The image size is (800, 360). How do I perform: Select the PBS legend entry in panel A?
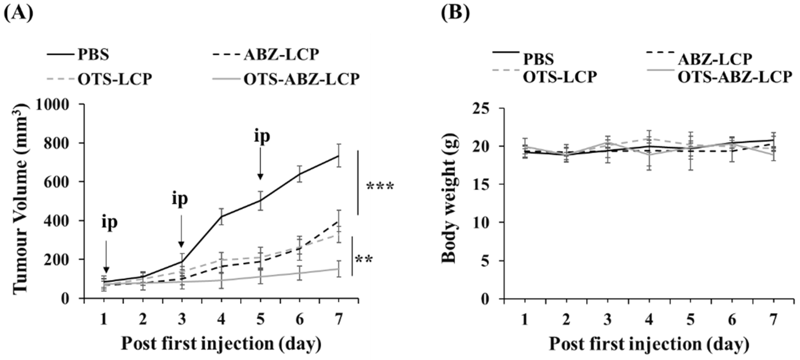[x=93, y=54]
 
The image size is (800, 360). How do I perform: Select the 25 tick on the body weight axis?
[x=482, y=109]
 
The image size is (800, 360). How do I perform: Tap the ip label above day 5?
[x=262, y=137]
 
